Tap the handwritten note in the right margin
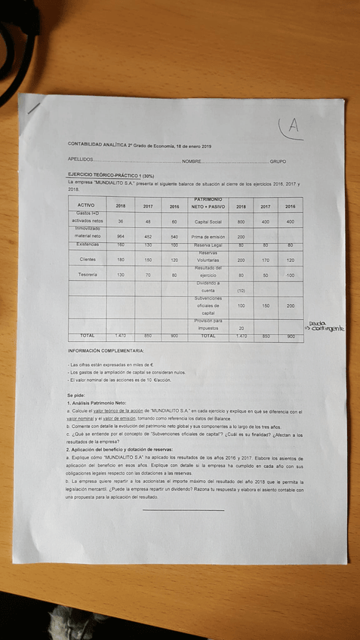325,326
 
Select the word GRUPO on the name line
278,161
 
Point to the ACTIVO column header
86,205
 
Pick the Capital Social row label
208,222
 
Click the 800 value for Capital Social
241,222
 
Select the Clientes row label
87,260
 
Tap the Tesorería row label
87,275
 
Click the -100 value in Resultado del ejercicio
291,275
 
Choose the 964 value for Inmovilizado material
121,237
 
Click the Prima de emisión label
208,237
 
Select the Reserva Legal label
208,245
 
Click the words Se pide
76,395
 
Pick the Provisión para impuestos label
208,325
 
